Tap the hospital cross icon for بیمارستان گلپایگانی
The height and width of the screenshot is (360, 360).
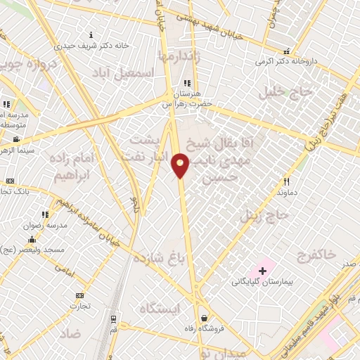[263, 271]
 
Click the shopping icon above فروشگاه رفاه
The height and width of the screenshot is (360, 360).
[204, 316]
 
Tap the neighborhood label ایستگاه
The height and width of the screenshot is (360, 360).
[160, 308]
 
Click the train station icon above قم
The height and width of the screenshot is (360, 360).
[113, 319]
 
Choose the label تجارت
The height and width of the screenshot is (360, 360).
[79, 306]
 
